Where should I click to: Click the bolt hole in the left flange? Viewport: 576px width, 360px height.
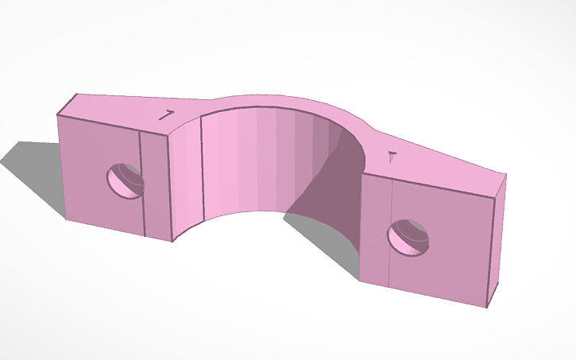pyautogui.click(x=125, y=179)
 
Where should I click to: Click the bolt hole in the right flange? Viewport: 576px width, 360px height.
pyautogui.click(x=408, y=238)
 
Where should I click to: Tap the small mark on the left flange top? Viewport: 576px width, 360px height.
pyautogui.click(x=167, y=115)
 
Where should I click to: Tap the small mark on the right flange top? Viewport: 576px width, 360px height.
pyautogui.click(x=391, y=157)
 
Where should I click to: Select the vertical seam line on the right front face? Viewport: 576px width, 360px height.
pyautogui.click(x=391, y=230)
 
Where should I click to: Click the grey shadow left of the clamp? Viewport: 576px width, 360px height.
pyautogui.click(x=32, y=171)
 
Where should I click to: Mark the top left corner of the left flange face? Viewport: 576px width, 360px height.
pyautogui.click(x=58, y=116)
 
